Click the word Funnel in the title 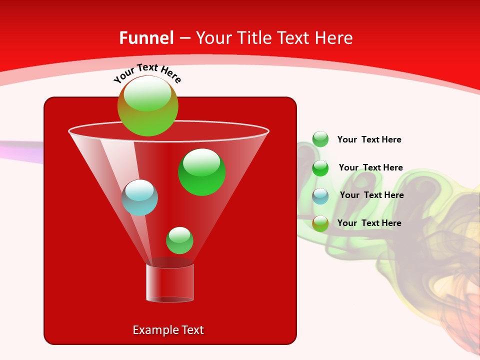[x=146, y=38]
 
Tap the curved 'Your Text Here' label [x=147, y=72]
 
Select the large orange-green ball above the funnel [x=148, y=106]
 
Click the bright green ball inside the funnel [x=201, y=172]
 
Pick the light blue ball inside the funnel [x=140, y=198]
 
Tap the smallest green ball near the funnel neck [x=179, y=240]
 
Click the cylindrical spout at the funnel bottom [x=170, y=283]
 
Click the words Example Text [x=168, y=330]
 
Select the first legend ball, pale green [x=320, y=139]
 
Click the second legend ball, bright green [x=320, y=168]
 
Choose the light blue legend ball [x=320, y=196]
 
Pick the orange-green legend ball [x=320, y=223]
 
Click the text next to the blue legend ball [x=371, y=195]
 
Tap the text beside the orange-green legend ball [x=369, y=223]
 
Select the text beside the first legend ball [x=369, y=139]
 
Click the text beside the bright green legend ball [x=370, y=167]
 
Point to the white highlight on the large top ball [x=147, y=93]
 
